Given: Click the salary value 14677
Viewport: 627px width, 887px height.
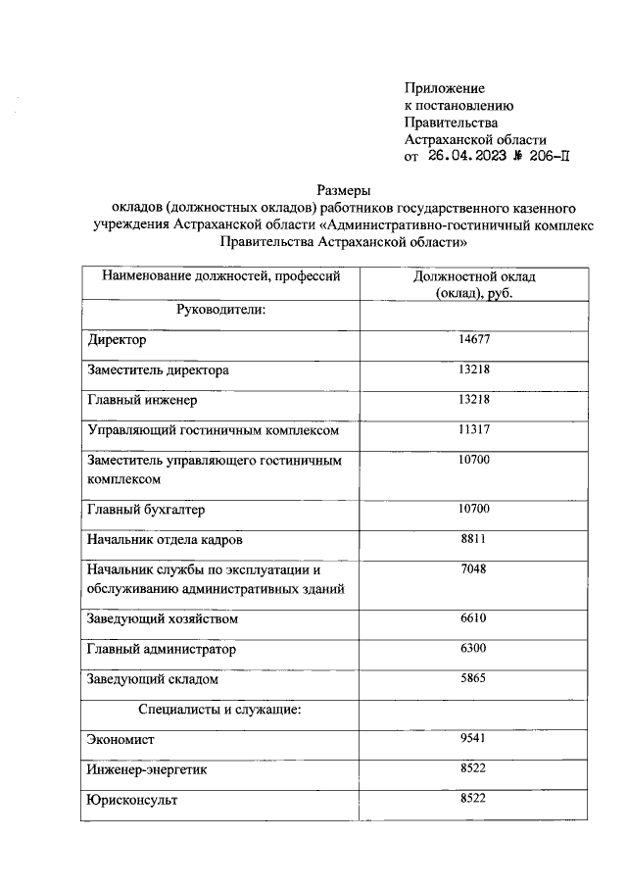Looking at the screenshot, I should coord(473,340).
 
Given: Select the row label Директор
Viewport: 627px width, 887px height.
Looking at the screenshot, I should coord(117,340).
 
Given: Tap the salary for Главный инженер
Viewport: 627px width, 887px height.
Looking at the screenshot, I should coord(473,400).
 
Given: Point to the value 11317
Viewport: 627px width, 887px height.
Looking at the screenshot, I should coord(473,430).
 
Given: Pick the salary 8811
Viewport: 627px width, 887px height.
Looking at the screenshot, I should coord(473,540).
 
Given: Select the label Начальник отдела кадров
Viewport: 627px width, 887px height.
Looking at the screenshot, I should coord(164,540).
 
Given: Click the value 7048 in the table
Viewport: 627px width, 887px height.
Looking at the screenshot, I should coord(473,569).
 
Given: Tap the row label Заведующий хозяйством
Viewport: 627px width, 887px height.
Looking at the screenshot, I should coord(163,619).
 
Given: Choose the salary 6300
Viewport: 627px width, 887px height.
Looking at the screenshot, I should coord(473,649).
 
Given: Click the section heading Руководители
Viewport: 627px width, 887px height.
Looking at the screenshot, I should coord(221,310).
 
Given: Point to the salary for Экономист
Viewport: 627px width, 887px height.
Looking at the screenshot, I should coord(473,739).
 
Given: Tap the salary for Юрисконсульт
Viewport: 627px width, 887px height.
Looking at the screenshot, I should coord(473,800).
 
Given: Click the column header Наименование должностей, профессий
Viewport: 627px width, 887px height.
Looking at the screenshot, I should coord(221,276).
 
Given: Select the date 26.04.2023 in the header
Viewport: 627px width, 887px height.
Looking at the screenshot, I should coord(466,156).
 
